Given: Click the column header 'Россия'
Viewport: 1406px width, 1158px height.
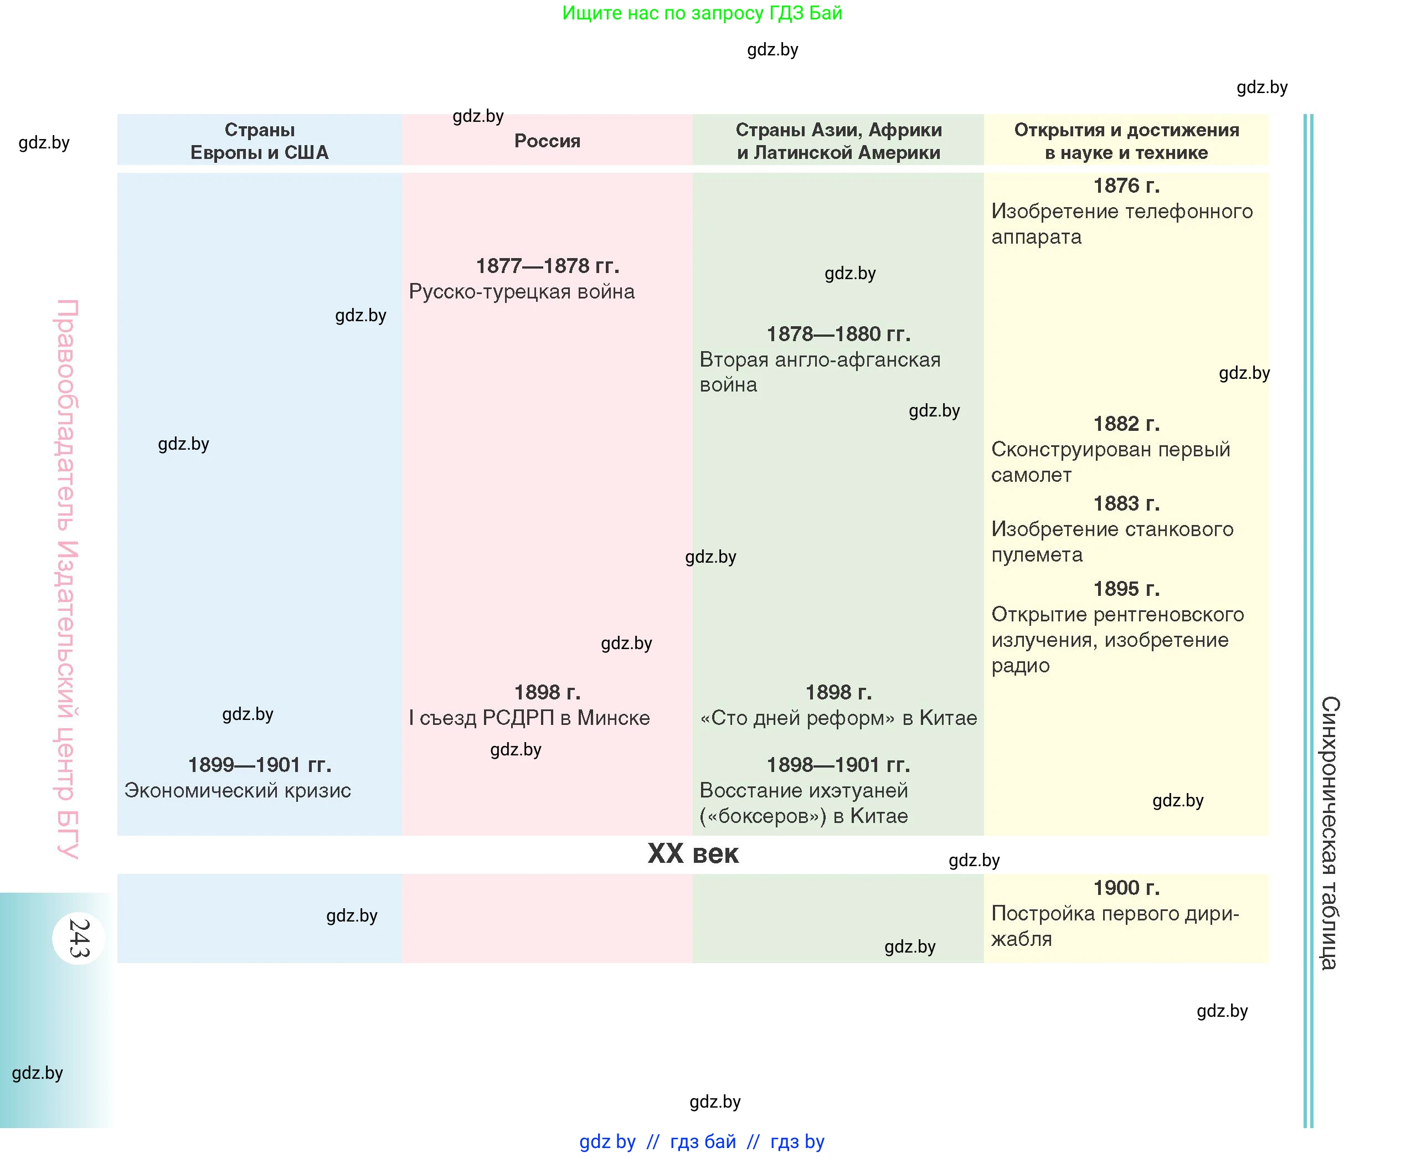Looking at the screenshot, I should pyautogui.click(x=547, y=141).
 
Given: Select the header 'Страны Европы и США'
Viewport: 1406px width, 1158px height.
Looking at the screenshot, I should pyautogui.click(x=260, y=141).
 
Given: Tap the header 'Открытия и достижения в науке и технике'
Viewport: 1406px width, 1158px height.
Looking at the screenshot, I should pyautogui.click(x=1126, y=141).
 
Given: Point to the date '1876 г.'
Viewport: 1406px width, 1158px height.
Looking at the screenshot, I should pyautogui.click(x=1126, y=186).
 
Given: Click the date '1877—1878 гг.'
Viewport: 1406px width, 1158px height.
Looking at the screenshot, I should pyautogui.click(x=547, y=265).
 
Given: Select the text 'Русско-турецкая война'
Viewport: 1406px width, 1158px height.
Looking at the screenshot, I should pyautogui.click(x=522, y=291).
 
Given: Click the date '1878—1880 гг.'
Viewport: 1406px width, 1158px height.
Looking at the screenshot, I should pyautogui.click(x=838, y=333).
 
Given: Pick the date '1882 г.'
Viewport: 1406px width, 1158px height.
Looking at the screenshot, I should pyautogui.click(x=1126, y=424).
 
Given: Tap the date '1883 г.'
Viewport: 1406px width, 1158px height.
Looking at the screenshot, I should pyautogui.click(x=1126, y=503).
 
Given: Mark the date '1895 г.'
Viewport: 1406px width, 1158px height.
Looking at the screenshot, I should pyautogui.click(x=1126, y=588).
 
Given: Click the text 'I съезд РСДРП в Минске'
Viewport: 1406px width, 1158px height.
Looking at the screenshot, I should pyautogui.click(x=529, y=718).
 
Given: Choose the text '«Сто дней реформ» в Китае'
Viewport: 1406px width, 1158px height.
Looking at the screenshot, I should pyautogui.click(x=838, y=718).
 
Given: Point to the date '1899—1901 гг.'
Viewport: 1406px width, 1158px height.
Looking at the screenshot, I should pyautogui.click(x=260, y=764).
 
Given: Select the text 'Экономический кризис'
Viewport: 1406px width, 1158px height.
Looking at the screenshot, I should pyautogui.click(x=238, y=790).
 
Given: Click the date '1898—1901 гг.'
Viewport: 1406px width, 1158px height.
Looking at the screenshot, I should pyautogui.click(x=838, y=764).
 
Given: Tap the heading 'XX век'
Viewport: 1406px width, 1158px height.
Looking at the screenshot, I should pyautogui.click(x=693, y=854).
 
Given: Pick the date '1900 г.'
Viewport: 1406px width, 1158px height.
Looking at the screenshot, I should pyautogui.click(x=1126, y=888).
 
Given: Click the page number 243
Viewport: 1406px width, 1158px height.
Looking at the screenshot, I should pyautogui.click(x=79, y=939).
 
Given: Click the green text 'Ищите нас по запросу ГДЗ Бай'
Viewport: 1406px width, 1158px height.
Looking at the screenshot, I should pyautogui.click(x=702, y=13).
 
